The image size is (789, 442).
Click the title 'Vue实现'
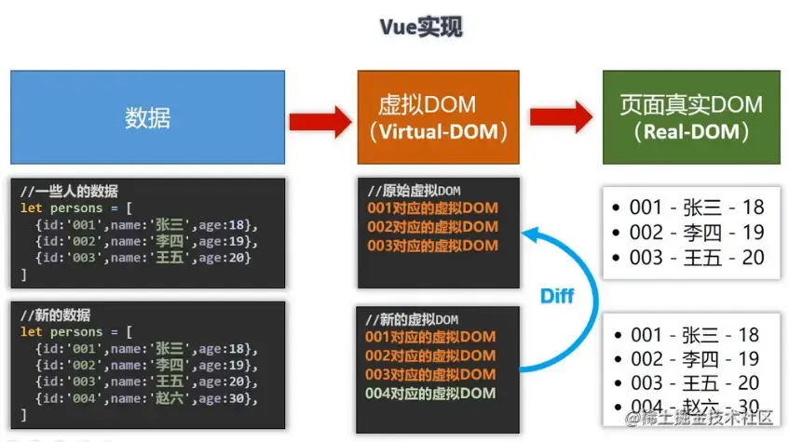click(420, 27)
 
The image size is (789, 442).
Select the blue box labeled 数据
click(147, 117)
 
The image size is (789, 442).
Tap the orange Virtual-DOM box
click(437, 117)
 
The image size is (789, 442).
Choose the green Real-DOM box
click(690, 117)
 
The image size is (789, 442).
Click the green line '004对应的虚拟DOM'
click(430, 394)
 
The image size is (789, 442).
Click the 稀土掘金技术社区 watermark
click(700, 419)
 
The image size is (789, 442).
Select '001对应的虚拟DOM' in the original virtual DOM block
click(431, 208)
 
